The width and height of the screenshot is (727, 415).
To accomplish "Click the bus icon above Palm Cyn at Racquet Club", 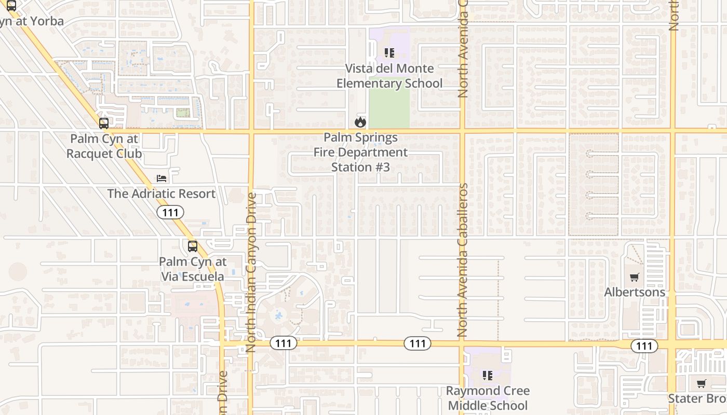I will click(104, 123).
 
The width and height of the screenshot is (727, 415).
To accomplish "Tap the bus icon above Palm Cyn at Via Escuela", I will click(193, 246).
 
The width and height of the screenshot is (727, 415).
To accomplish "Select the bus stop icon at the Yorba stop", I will click(11, 6).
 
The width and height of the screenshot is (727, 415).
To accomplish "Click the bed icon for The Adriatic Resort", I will click(162, 178).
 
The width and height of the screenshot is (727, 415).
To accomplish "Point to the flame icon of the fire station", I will click(360, 122).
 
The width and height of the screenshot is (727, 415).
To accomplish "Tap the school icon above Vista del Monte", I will click(389, 52).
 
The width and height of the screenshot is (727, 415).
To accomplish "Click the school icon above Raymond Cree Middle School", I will click(487, 375).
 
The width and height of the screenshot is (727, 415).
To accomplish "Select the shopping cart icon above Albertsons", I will click(634, 277).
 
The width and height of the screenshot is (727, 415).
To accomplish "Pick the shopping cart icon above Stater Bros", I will click(701, 384).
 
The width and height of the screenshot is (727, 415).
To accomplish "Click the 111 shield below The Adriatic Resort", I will click(170, 212).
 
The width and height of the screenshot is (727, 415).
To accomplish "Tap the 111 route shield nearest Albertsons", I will click(644, 346).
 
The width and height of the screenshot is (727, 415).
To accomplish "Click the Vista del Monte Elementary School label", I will click(389, 76).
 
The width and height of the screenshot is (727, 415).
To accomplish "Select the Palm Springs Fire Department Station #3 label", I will click(360, 153).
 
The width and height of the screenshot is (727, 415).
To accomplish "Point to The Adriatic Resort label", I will click(161, 193).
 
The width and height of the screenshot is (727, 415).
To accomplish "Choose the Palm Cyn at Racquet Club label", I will click(104, 146).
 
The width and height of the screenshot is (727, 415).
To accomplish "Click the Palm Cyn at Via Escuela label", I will click(192, 269).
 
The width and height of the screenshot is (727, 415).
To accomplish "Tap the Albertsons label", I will click(635, 292).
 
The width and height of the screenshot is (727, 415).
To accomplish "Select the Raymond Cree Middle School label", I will click(488, 398).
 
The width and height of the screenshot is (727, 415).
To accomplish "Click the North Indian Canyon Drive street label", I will click(252, 272).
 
